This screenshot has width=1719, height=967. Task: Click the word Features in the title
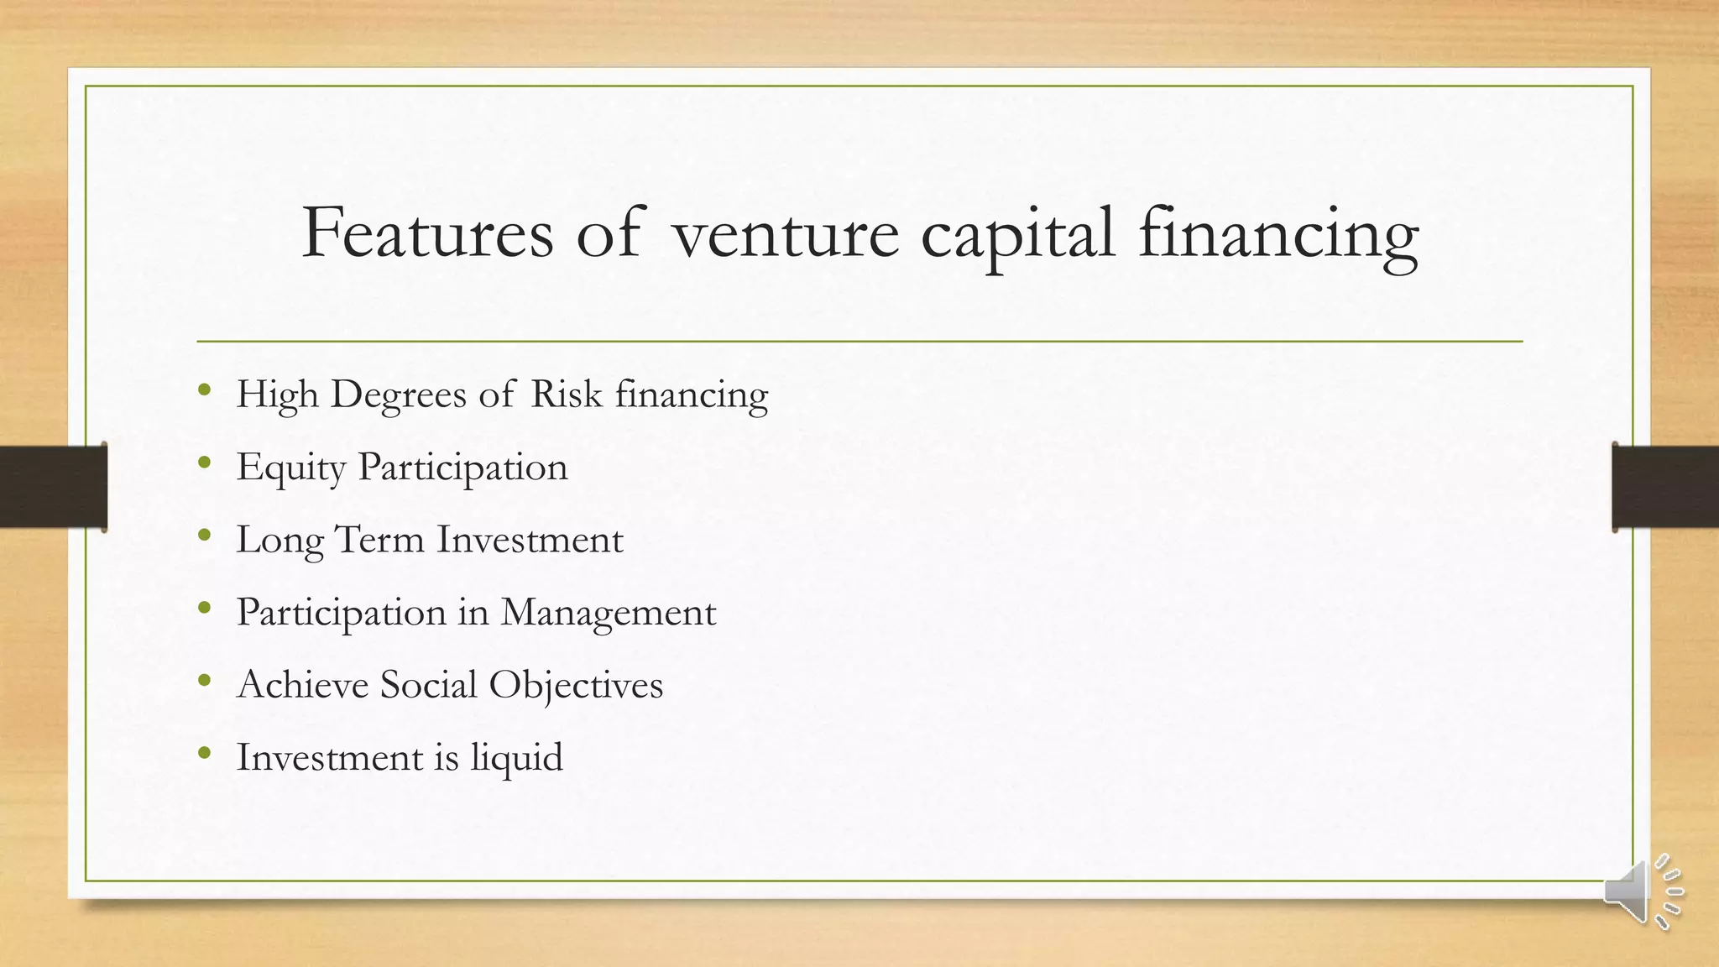(x=427, y=233)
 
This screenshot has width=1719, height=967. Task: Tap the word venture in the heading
(x=786, y=234)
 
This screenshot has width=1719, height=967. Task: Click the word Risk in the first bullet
(x=567, y=394)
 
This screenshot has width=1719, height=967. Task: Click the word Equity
(x=290, y=468)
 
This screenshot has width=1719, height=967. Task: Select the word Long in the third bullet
(x=280, y=541)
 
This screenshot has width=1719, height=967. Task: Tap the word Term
(x=379, y=539)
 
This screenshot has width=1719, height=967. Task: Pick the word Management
(x=609, y=613)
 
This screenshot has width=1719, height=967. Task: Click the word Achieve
(x=303, y=684)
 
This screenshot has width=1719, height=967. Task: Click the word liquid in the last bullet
(x=516, y=758)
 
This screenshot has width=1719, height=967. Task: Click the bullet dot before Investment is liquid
(x=205, y=753)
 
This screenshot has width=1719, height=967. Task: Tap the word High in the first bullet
(x=277, y=395)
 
